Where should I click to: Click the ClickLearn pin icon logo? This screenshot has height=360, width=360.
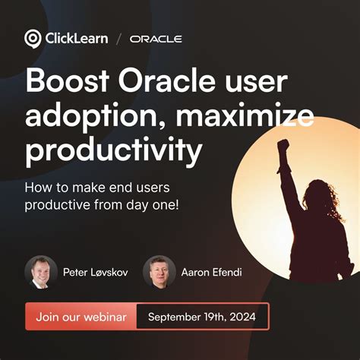coord(33,38)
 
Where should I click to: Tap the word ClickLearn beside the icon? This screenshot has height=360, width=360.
coord(75,38)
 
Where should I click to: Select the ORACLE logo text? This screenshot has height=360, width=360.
coord(156,38)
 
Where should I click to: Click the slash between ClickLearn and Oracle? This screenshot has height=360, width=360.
coord(118,38)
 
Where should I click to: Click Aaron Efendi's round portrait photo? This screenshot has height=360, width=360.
coord(159,271)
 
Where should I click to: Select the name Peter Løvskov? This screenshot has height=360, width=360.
coord(95,271)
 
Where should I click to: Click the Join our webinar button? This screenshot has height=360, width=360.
coord(81,316)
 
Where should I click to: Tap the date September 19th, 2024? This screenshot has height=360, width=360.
coord(202,316)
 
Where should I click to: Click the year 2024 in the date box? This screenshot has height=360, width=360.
coord(242,316)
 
